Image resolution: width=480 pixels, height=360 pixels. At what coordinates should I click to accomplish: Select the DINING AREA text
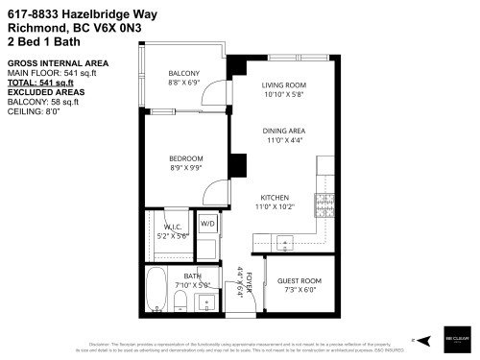coord(285,131)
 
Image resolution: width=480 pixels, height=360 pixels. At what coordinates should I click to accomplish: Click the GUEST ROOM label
coord(299,281)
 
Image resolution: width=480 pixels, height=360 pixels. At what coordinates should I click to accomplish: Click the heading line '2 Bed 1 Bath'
coord(39,42)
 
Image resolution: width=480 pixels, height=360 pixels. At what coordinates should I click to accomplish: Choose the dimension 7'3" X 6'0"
coord(299,290)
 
